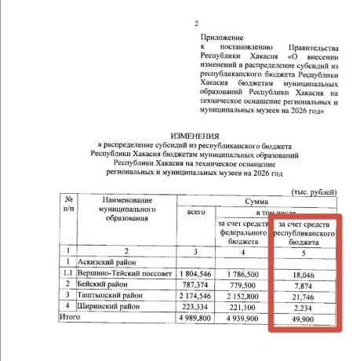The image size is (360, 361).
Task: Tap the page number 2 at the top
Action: (x=198, y=24)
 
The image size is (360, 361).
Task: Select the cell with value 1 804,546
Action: (x=194, y=275)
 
